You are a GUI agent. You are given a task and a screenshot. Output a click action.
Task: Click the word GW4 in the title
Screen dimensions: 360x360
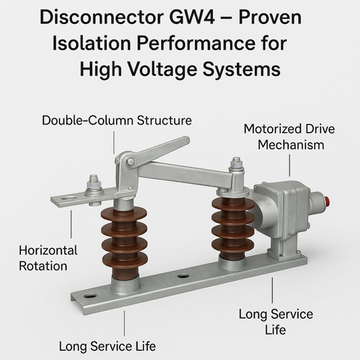[192, 18]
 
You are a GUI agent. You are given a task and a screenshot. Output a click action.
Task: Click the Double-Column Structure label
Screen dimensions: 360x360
[117, 120]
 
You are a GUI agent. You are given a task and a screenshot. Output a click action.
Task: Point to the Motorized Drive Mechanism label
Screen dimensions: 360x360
[289, 137]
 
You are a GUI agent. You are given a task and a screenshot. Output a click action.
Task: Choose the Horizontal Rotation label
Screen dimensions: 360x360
[48, 258]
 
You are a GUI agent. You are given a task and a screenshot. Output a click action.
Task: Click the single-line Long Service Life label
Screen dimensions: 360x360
[107, 346]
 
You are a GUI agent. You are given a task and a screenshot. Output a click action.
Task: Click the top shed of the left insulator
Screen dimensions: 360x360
[124, 214]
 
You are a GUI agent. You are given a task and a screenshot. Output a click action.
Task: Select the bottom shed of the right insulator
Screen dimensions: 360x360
[232, 246]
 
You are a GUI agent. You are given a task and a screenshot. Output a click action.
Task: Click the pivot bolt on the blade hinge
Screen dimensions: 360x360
[130, 162]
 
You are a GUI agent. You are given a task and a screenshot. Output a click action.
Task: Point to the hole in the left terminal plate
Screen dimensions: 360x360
[69, 198]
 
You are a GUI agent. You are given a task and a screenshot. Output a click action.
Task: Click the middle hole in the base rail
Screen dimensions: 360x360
[183, 276]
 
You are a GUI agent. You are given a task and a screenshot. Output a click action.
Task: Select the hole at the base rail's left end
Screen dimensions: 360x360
[90, 296]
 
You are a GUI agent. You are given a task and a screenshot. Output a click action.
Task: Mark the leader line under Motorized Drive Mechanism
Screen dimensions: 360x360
[289, 166]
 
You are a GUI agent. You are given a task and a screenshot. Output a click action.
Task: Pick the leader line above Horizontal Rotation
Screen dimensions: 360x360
[71, 225]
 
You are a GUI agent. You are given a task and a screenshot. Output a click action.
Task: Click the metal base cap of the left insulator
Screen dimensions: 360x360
[126, 285]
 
